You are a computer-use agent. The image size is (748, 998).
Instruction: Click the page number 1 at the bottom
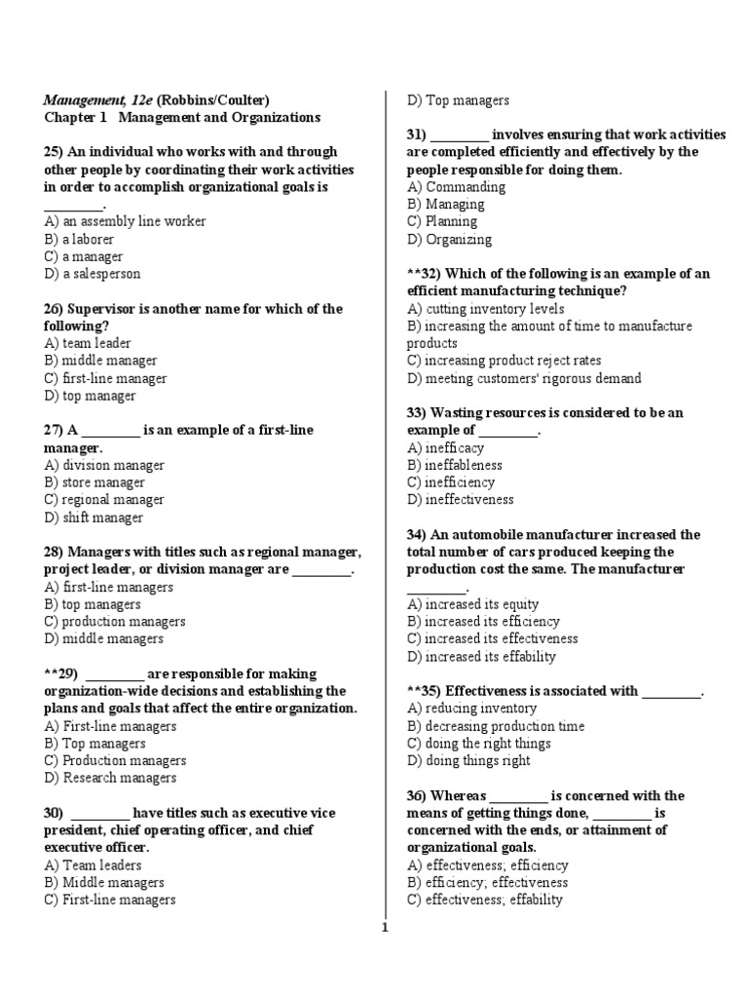385,928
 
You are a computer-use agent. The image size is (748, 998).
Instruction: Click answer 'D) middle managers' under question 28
103,639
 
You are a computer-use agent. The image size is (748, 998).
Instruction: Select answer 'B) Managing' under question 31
445,205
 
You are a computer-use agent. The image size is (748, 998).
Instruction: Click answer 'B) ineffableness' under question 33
455,466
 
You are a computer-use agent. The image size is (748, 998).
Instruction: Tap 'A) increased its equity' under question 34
473,605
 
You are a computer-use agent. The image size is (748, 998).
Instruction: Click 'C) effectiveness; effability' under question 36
485,901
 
